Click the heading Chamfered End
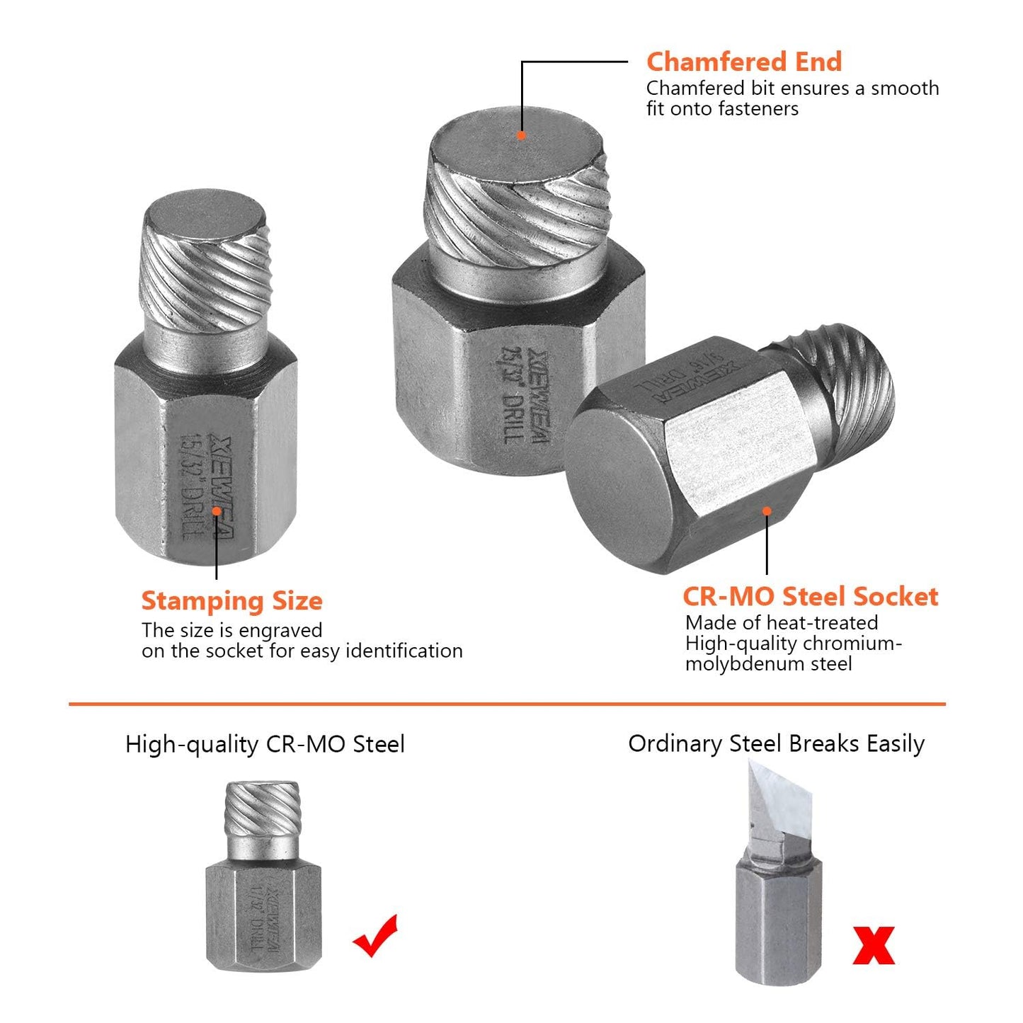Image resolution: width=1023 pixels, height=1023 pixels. [x=743, y=62]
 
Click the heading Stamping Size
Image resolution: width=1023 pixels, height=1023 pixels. [x=232, y=601]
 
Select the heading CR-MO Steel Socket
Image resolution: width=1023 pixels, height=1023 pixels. [x=810, y=596]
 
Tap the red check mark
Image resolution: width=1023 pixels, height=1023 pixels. [x=375, y=936]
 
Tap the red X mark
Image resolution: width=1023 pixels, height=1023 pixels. [x=874, y=945]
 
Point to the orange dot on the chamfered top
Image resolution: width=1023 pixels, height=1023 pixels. [x=521, y=135]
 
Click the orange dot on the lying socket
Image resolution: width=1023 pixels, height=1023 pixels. [x=767, y=510]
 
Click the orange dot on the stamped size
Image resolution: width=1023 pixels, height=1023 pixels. [x=216, y=510]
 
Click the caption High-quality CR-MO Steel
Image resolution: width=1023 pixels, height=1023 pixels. [x=265, y=745]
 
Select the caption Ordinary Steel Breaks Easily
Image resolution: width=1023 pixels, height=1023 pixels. [x=776, y=744]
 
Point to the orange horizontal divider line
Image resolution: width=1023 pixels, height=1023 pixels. [x=507, y=704]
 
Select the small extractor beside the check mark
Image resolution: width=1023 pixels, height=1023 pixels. [x=263, y=878]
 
